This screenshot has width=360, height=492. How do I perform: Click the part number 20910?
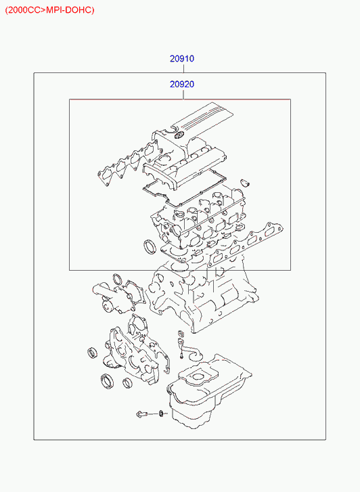pyautogui.click(x=182, y=59)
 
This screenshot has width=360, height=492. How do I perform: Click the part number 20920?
pyautogui.click(x=182, y=85)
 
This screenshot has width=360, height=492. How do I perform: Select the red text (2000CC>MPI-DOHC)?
pyautogui.click(x=49, y=10)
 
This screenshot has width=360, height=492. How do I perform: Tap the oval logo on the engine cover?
pyautogui.click(x=179, y=135)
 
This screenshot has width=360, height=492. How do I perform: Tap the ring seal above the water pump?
pyautogui.click(x=118, y=278)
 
